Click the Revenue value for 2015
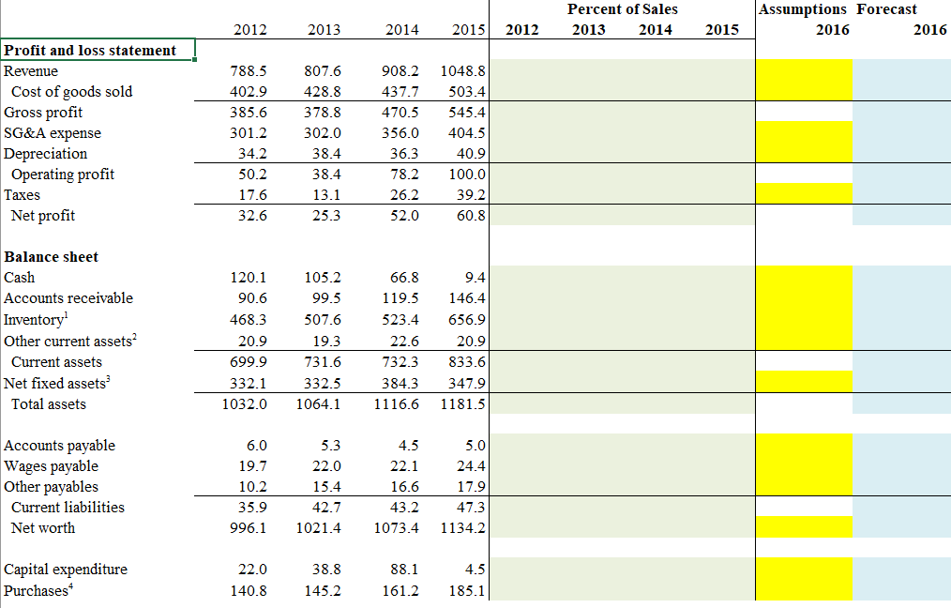(x=466, y=71)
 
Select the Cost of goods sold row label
(x=71, y=92)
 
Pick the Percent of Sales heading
(x=622, y=9)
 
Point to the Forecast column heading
(x=887, y=9)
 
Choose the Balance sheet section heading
(x=52, y=257)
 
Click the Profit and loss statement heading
(x=90, y=50)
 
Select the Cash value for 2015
(x=475, y=278)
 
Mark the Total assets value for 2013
(x=319, y=404)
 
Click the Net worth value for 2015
(x=462, y=528)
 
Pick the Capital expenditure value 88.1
(x=402, y=570)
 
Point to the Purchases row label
(x=37, y=591)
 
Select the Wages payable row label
(x=51, y=466)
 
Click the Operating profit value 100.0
(x=468, y=175)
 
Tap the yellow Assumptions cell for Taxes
(x=805, y=194)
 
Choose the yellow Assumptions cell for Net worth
(x=805, y=527)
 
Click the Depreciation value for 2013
(x=324, y=154)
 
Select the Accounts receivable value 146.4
(x=466, y=298)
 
